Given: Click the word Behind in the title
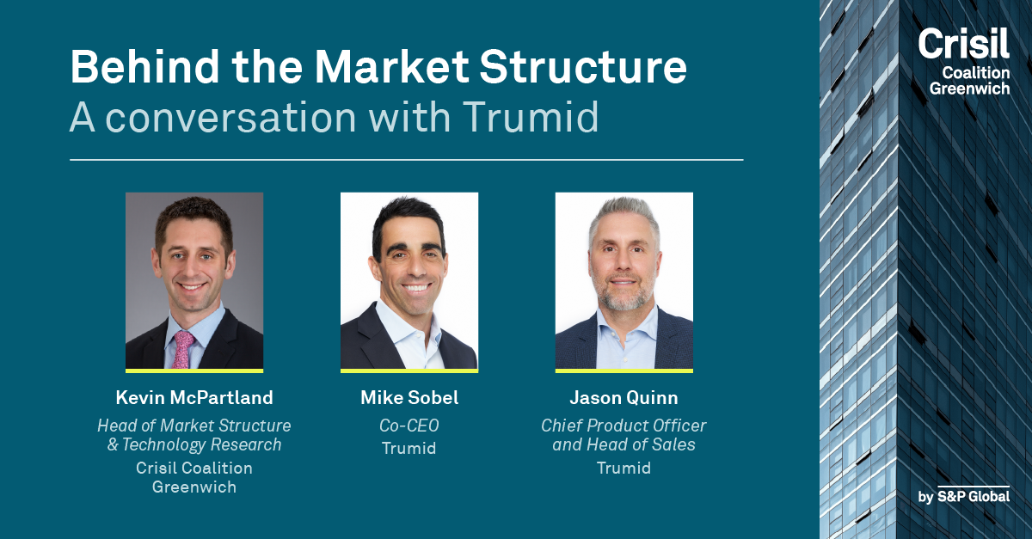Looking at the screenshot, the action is [144, 67].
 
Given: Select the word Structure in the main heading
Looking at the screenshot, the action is [583, 67].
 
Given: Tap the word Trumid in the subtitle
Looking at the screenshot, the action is [531, 117].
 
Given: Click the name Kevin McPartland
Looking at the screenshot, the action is [194, 397].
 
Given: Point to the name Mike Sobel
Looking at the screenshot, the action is [409, 397].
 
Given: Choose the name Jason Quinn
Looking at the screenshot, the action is [623, 398].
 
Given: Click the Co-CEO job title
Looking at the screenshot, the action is [409, 426].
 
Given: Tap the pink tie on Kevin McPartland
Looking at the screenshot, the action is [183, 349].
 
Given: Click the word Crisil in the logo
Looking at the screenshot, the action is [963, 43].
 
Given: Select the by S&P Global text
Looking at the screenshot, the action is [964, 496].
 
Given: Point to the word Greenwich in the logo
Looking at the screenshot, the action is [969, 88].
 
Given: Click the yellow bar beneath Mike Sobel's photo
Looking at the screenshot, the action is [409, 371].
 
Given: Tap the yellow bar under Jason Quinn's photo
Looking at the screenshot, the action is [623, 371].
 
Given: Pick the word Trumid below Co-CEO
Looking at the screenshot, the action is [409, 448].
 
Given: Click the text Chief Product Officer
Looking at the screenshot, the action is [623, 426].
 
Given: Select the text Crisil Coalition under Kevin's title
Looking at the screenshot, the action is [194, 468].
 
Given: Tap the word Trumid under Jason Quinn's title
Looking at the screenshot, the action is [623, 468].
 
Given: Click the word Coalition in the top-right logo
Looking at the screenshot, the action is [976, 73].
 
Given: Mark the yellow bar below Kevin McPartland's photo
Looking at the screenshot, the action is [194, 371].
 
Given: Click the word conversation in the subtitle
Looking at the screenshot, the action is [230, 118].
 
